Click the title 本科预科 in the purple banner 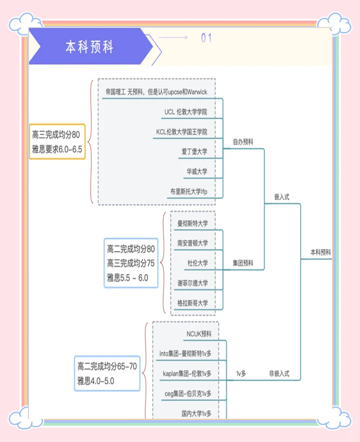point(89,47)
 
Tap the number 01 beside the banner point(206,37)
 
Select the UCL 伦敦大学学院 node point(185,112)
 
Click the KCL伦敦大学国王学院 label point(182,131)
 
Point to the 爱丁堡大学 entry point(194,151)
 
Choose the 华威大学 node point(196,171)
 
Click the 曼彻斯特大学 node point(192,223)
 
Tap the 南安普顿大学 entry point(192,243)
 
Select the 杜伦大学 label point(197,263)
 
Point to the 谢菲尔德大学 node point(192,283)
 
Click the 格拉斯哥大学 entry point(192,303)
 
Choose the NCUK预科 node point(198,334)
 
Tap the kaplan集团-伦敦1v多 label point(187,373)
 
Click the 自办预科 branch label point(243,142)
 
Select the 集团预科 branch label point(243,263)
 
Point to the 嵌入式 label point(281,197)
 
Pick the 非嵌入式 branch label point(279,373)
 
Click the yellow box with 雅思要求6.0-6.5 point(57,141)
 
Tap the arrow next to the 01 point(173,37)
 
